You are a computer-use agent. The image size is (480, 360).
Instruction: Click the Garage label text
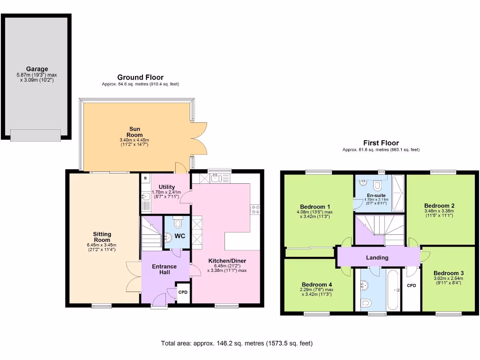[x=37, y=69]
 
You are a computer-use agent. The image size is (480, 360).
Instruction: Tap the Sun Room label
[x=135, y=132]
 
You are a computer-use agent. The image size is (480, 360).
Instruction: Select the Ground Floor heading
[x=140, y=77]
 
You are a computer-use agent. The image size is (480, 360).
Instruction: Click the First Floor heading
[x=381, y=143]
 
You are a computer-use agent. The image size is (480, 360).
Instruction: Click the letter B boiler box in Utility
[x=146, y=179]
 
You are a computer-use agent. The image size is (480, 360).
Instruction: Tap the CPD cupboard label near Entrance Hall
[x=183, y=292]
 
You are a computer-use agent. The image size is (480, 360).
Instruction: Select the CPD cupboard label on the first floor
[x=412, y=285]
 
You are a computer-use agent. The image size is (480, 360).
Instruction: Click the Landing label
[x=377, y=257]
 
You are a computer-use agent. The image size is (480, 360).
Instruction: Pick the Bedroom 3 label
[x=449, y=273]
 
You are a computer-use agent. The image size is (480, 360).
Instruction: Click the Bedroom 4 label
[x=317, y=285]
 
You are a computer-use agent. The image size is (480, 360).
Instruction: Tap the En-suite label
[x=376, y=195]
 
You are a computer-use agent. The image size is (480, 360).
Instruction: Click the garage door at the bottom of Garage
[x=36, y=135]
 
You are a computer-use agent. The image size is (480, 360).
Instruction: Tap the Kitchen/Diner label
[x=227, y=261]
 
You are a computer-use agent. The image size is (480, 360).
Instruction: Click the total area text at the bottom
[x=237, y=343]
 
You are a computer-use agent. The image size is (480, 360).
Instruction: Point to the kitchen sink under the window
[x=215, y=178]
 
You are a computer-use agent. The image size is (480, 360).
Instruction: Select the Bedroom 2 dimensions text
[x=439, y=213]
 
